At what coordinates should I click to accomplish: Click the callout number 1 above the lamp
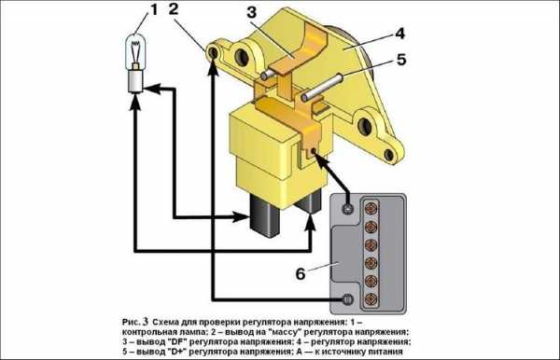154,9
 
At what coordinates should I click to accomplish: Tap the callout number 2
174,9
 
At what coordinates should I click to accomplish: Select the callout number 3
252,12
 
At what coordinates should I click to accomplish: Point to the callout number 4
400,34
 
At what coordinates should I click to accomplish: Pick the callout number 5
401,60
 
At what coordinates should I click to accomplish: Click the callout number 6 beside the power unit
301,273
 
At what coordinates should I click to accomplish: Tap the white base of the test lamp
135,81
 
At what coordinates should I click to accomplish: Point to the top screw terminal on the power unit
347,208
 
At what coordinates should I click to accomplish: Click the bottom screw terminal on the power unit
347,299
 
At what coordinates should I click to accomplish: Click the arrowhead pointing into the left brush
240,216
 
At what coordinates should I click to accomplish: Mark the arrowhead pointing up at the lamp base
135,101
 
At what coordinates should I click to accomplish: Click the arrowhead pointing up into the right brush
311,222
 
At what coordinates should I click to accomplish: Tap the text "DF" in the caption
175,341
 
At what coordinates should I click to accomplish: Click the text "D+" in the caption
175,352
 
